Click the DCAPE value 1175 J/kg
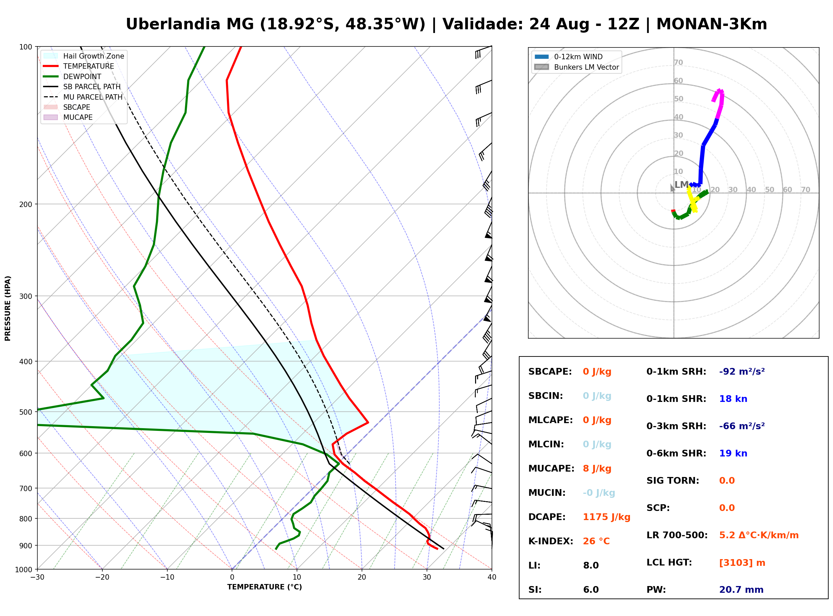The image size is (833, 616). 606,517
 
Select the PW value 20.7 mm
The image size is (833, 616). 741,590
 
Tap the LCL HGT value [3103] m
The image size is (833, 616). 742,563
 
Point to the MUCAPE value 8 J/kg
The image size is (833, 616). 597,469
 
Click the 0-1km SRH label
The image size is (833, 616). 676,372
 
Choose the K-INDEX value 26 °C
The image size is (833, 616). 596,541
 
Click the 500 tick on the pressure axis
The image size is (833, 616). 26,412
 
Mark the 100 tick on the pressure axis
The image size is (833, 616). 26,46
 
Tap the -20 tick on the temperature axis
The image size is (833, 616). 102,577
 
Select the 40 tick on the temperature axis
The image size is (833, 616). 492,577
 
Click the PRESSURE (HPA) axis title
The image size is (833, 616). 8,308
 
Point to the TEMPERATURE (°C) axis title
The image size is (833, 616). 265,587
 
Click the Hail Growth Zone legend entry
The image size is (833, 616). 84,56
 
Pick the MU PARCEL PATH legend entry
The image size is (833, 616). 83,97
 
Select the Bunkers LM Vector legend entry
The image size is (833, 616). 577,67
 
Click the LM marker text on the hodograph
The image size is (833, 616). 681,184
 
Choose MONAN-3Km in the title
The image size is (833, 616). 711,24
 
